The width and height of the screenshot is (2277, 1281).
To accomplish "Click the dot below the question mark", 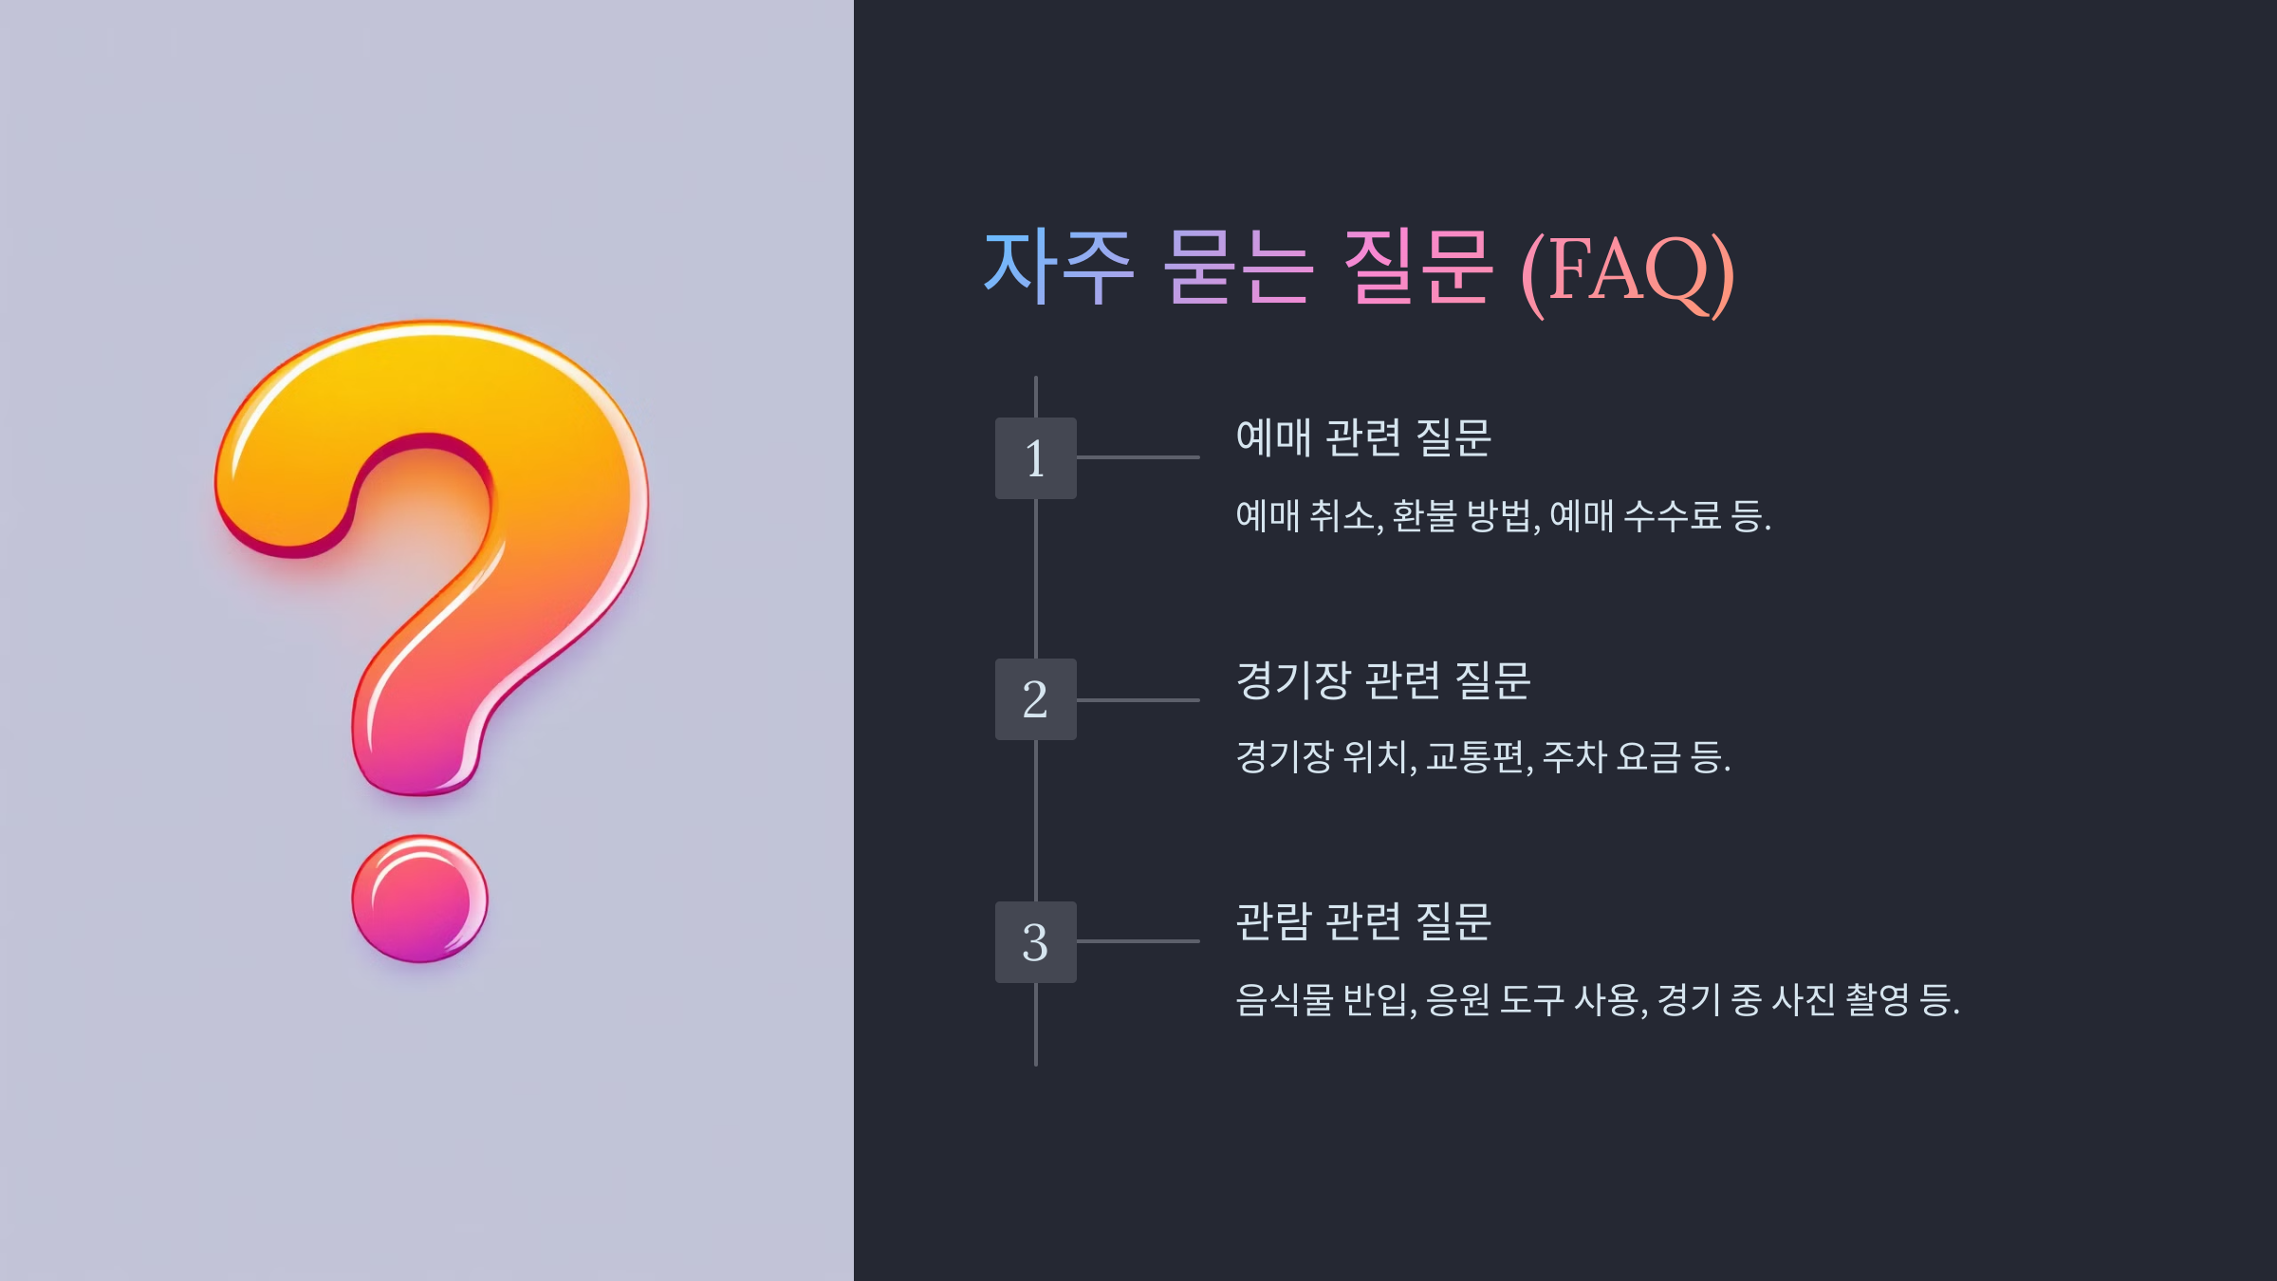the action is [x=419, y=899].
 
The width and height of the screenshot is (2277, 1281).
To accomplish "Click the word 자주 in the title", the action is [x=1058, y=268].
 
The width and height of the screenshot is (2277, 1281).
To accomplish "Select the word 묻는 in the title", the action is [x=1238, y=268].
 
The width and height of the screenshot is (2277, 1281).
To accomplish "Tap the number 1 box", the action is [x=1035, y=458].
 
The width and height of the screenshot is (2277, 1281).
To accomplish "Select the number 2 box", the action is [x=1035, y=699].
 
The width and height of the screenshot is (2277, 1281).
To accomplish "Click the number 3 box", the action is [x=1035, y=942].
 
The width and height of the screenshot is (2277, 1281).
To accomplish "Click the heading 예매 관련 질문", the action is [x=1363, y=438].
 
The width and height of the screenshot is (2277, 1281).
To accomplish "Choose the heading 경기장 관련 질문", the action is [x=1383, y=680].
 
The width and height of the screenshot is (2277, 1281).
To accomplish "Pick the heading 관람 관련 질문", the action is [x=1363, y=921].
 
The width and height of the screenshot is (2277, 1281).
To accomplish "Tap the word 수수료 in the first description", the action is [x=1672, y=516].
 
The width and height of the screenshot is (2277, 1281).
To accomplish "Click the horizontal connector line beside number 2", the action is [x=1138, y=700].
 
